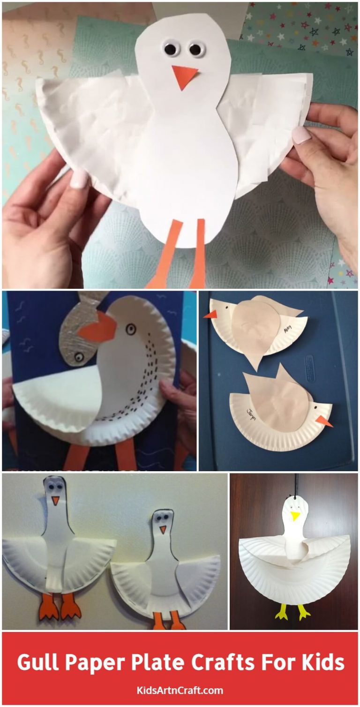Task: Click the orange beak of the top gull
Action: point(184,76)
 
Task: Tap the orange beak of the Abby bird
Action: point(210,314)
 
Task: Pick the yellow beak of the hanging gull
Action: point(295,516)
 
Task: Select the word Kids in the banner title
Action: point(324,662)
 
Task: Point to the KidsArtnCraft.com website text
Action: point(180,690)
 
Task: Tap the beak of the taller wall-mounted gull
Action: point(55,501)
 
